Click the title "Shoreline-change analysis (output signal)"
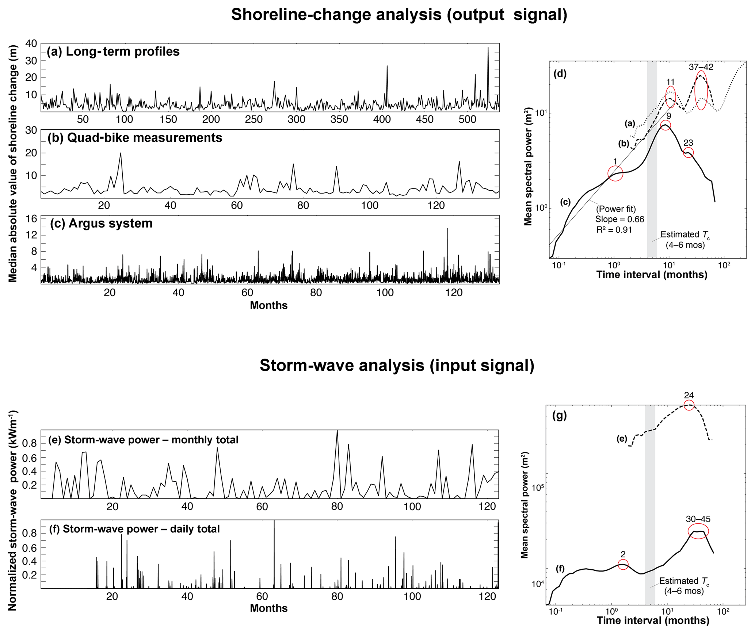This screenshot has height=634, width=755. (x=399, y=15)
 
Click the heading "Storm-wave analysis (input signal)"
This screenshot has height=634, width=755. (x=397, y=365)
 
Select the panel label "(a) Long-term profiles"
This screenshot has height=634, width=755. (x=113, y=51)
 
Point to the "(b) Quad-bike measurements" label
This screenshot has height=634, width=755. (x=135, y=138)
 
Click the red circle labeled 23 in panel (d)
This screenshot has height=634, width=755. (x=688, y=153)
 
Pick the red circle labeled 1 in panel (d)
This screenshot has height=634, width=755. (x=615, y=173)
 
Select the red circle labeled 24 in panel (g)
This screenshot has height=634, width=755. (x=689, y=405)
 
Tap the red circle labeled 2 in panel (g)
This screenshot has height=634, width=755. (x=623, y=565)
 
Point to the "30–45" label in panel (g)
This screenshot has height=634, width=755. (x=698, y=519)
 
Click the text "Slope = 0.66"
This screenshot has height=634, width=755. (x=619, y=219)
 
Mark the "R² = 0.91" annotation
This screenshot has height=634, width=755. (x=614, y=230)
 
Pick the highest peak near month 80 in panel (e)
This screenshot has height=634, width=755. (x=337, y=431)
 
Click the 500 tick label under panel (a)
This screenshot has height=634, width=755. (x=467, y=119)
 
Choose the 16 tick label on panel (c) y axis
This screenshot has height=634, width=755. (x=32, y=218)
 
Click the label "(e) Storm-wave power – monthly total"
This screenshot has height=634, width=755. (x=143, y=440)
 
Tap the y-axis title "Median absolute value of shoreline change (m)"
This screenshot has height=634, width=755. (x=13, y=164)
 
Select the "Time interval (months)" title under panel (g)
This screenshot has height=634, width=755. (x=653, y=620)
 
